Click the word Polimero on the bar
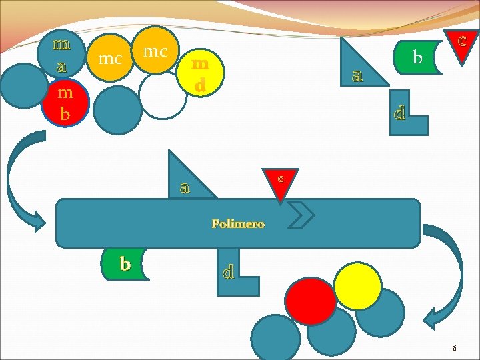[238, 224]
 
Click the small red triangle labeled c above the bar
[281, 182]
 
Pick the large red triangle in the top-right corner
[461, 44]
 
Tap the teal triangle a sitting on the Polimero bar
[188, 179]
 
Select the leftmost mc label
[110, 58]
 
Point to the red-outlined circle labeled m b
[64, 102]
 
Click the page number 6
[454, 348]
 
